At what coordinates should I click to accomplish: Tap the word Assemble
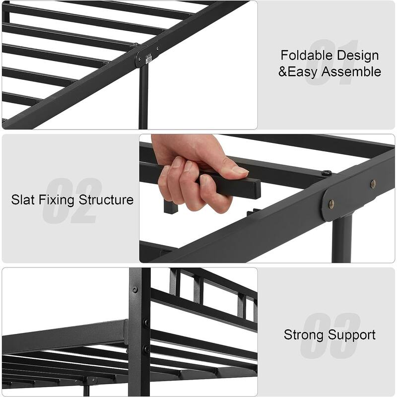pyautogui.click(x=351, y=71)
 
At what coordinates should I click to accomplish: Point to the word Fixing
pyautogui.click(x=57, y=200)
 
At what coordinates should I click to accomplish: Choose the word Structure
pyautogui.click(x=106, y=199)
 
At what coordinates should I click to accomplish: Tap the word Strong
pyautogui.click(x=303, y=334)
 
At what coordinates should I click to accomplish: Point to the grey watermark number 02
pyautogui.click(x=72, y=200)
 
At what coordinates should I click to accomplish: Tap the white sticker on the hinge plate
pyautogui.click(x=148, y=58)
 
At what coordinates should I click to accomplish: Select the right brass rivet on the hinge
pyautogui.click(x=373, y=184)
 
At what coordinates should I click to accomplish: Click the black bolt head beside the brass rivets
pyautogui.click(x=327, y=173)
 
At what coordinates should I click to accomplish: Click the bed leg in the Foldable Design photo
pyautogui.click(x=143, y=97)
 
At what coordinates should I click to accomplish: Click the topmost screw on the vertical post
pyautogui.click(x=135, y=289)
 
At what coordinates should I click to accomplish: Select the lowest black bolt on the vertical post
pyautogui.click(x=146, y=349)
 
